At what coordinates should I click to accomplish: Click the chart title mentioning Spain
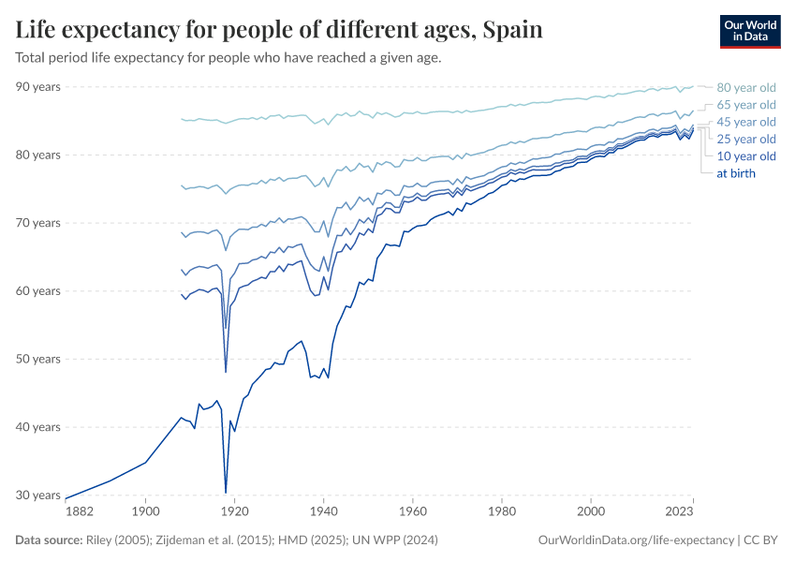279,30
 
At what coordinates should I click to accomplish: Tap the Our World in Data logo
749,31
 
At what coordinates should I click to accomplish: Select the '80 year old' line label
745,87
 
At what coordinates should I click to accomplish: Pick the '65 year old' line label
745,105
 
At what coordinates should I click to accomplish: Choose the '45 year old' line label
745,122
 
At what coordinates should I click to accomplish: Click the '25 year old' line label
745,139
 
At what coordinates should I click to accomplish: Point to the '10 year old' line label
745,156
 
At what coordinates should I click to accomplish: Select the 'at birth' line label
735,173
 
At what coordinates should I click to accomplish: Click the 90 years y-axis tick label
38,87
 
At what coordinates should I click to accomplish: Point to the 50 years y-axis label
38,359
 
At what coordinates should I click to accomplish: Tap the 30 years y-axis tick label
38,495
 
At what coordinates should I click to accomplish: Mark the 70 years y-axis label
38,223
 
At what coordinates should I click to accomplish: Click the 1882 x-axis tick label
79,511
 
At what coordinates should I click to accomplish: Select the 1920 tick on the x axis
234,511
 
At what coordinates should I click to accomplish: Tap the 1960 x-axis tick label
412,511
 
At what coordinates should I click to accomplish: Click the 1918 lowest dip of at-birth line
226,492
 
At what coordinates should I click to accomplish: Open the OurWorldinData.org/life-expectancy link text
637,540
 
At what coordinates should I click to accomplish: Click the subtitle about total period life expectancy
228,57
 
